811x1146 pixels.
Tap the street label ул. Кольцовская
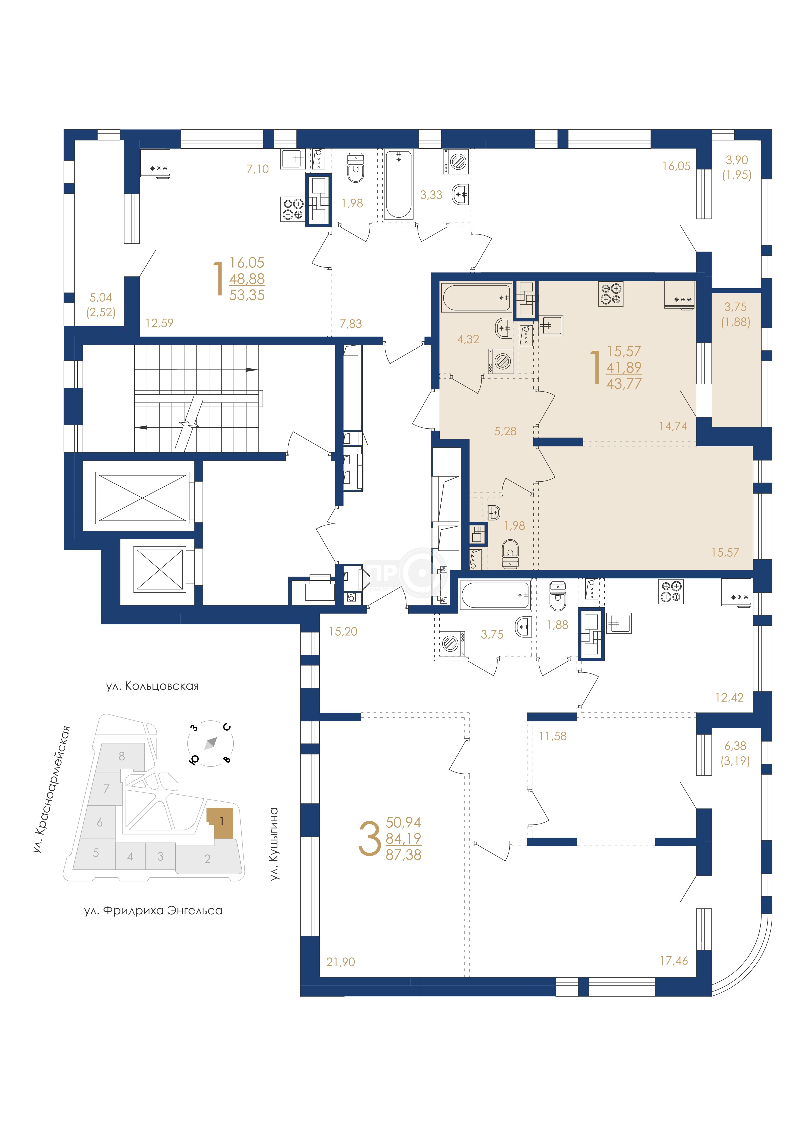pyautogui.click(x=152, y=686)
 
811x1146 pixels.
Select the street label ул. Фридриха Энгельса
pyautogui.click(x=153, y=910)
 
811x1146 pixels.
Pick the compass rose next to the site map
pyautogui.click(x=210, y=743)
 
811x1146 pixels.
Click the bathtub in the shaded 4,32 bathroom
pyautogui.click(x=477, y=298)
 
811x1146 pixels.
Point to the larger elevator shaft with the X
pyautogui.click(x=143, y=498)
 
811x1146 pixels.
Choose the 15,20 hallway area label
pyautogui.click(x=343, y=631)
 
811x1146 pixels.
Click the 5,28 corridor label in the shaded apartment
pyautogui.click(x=505, y=431)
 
